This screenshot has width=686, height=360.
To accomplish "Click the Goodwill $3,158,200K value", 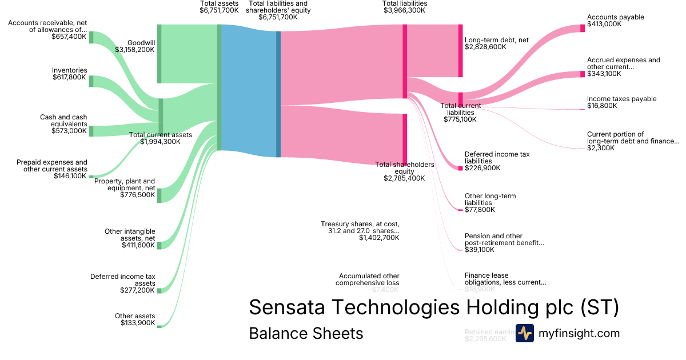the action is [134, 50].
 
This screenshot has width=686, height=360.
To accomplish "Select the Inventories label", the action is [70, 70].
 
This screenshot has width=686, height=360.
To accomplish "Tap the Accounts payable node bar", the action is [583, 28].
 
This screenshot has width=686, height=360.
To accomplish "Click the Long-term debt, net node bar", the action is [460, 50].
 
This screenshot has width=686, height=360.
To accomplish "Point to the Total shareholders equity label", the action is [404, 168].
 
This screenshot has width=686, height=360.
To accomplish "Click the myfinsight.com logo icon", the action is [524, 333].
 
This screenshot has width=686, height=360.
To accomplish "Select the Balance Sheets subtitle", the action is [306, 333].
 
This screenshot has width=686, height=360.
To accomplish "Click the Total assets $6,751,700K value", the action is [219, 10].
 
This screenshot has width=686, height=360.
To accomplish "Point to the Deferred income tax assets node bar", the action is [159, 290].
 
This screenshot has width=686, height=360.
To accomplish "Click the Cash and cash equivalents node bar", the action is [91, 131].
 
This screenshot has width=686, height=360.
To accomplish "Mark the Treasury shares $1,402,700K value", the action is [379, 238].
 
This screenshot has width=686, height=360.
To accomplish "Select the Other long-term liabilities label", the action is [490, 199].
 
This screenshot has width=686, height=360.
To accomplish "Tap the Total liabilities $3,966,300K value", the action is [405, 10].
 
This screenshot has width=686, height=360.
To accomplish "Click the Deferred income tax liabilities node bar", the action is [460, 168].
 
